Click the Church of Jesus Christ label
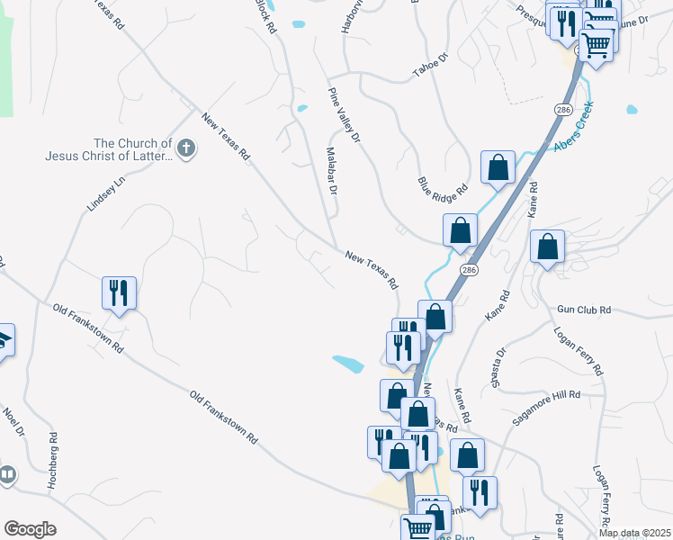click(108, 149)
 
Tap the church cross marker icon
click(186, 148)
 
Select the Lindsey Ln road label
click(104, 193)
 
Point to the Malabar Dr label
click(330, 171)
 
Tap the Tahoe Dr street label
click(429, 66)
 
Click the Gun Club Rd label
click(584, 310)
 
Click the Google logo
click(30, 529)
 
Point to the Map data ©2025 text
click(634, 533)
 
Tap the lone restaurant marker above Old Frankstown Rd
click(119, 292)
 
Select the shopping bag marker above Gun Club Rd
click(547, 247)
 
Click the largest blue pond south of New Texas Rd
click(347, 364)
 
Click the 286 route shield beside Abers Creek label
click(563, 109)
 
